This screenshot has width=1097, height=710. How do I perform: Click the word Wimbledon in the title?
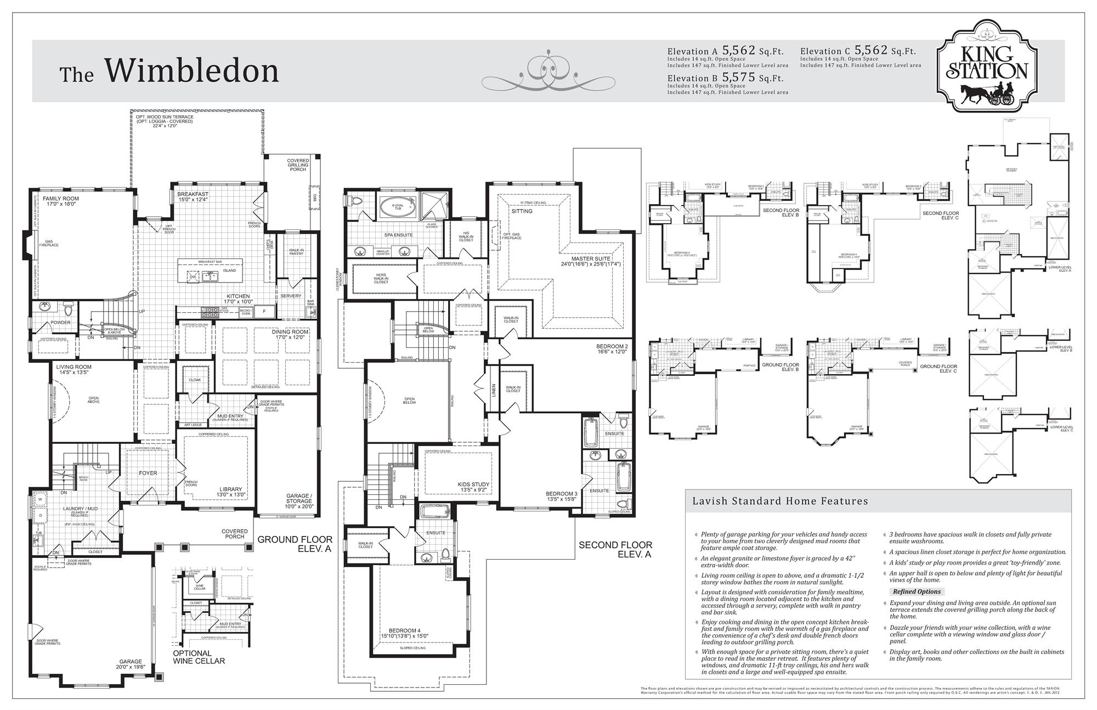click(x=191, y=70)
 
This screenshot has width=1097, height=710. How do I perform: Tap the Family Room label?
click(x=60, y=201)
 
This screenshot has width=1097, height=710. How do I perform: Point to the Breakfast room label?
click(x=193, y=197)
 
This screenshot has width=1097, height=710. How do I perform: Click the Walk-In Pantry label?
click(x=296, y=252)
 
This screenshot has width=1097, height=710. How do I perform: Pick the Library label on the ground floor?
click(x=230, y=492)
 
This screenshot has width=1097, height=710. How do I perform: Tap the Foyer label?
click(x=148, y=473)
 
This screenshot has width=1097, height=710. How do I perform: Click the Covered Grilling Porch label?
click(x=298, y=165)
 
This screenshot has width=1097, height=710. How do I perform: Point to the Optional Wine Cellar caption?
click(x=199, y=657)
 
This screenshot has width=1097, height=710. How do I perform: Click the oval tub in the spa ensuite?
click(x=394, y=207)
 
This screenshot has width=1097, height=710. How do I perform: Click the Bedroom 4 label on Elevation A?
click(x=404, y=633)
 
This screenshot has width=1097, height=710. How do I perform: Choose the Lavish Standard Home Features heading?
click(x=780, y=501)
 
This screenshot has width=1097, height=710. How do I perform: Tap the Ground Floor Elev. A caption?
click(x=295, y=543)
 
